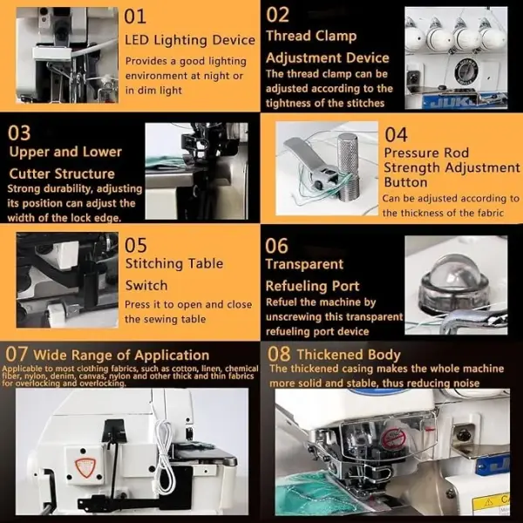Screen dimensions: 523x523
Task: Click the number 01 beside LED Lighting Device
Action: click(135, 17)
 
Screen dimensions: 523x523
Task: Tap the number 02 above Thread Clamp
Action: click(277, 16)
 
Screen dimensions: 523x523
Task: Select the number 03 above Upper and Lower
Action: click(19, 132)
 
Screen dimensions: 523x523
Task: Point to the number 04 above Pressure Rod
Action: click(396, 135)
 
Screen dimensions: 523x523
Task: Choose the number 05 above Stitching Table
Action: click(135, 245)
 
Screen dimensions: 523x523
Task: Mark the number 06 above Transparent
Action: click(276, 246)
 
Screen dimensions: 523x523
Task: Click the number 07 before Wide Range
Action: click(16, 354)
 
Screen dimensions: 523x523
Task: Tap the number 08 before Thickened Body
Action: click(279, 354)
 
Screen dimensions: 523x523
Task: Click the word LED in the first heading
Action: click(137, 40)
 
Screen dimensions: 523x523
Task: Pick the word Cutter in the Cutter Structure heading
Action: click(30, 173)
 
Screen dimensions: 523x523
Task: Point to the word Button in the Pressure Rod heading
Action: click(405, 182)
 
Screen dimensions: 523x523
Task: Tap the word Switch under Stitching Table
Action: click(146, 286)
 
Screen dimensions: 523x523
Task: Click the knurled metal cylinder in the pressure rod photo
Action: click(348, 166)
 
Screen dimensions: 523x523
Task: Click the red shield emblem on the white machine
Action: click(85, 467)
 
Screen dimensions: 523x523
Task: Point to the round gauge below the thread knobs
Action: click(466, 71)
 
